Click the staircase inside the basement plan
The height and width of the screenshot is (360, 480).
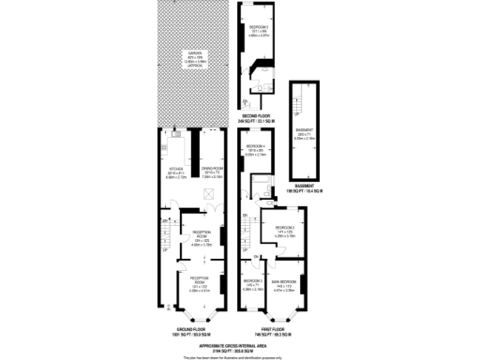coord(302,103)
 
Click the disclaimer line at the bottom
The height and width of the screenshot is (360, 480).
coord(240,356)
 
